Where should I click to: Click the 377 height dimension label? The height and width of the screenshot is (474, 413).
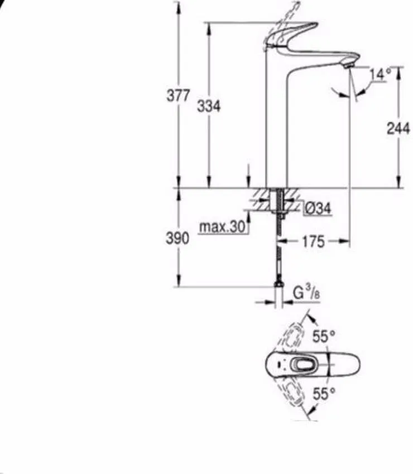click(x=178, y=95)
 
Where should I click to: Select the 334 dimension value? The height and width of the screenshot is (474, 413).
click(x=209, y=105)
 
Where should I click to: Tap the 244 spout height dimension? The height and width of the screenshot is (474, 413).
click(x=398, y=128)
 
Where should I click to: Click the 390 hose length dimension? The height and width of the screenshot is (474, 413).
click(x=178, y=239)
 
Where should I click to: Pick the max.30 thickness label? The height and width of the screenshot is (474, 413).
click(x=223, y=228)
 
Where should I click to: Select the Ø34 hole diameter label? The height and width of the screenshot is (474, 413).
click(x=318, y=209)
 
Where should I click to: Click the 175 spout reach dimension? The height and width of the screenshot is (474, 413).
click(x=313, y=241)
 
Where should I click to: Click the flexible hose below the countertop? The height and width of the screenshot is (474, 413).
click(x=277, y=251)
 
